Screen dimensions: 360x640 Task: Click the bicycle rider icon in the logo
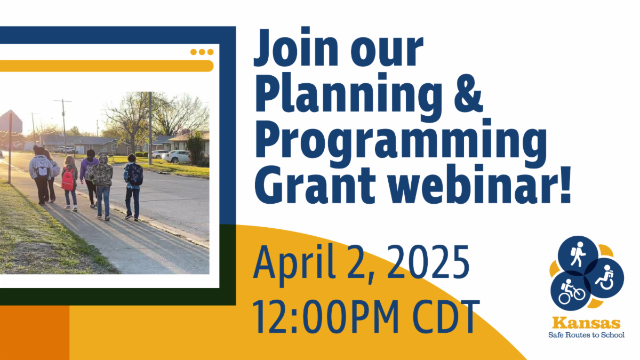coord(571,290)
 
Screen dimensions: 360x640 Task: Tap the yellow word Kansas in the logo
coord(586,323)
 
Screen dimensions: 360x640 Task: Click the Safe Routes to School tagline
coord(586,335)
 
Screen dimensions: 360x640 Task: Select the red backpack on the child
coord(68,180)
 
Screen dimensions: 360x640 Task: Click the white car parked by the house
coord(177,156)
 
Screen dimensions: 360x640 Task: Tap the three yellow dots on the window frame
coord(202,52)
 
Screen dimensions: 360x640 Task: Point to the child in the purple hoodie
coord(89,170)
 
